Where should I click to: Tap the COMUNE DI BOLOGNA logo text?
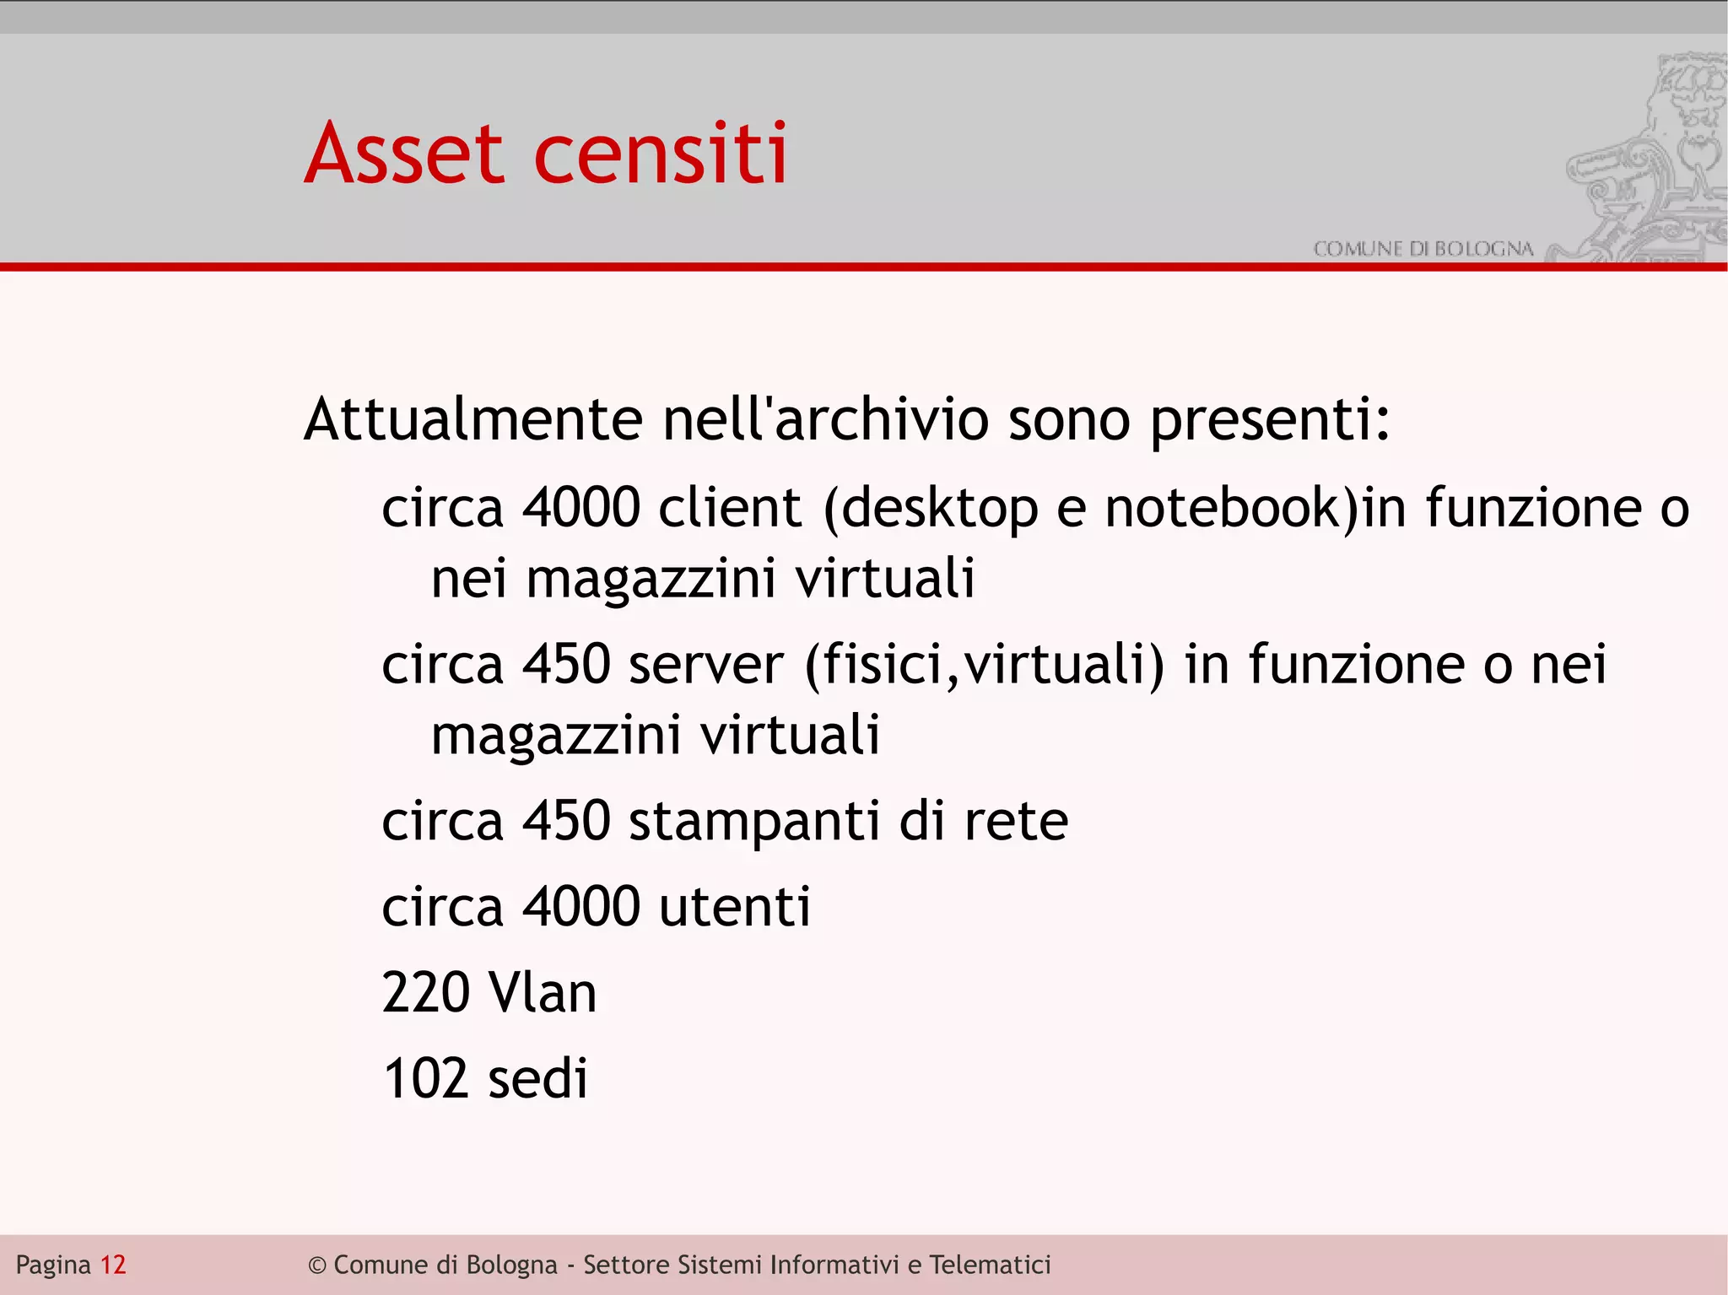(x=1423, y=249)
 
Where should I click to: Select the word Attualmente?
(x=473, y=419)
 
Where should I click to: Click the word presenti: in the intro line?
(x=1270, y=419)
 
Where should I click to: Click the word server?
(x=706, y=664)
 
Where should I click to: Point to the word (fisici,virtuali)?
(x=984, y=664)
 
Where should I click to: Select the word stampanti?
(x=754, y=821)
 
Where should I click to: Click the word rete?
(x=1016, y=821)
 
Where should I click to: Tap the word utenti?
(x=734, y=907)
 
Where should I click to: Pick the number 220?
(x=425, y=993)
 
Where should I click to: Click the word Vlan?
(x=543, y=993)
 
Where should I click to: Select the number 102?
(x=425, y=1079)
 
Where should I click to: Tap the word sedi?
(x=537, y=1079)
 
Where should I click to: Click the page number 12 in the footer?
(x=113, y=1265)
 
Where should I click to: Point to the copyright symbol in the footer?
(x=317, y=1265)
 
